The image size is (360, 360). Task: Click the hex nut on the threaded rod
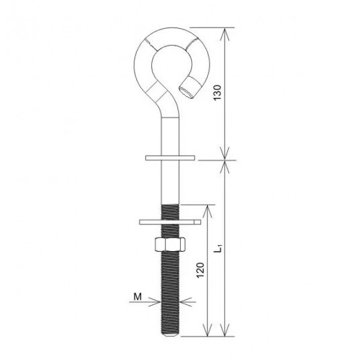click(x=169, y=244)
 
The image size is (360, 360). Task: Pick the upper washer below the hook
click(x=169, y=158)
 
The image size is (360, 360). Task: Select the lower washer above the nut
click(x=169, y=220)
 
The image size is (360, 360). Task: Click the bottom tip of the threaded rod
click(x=169, y=335)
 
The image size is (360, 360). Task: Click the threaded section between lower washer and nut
click(x=169, y=230)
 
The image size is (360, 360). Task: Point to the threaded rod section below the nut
click(x=169, y=289)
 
